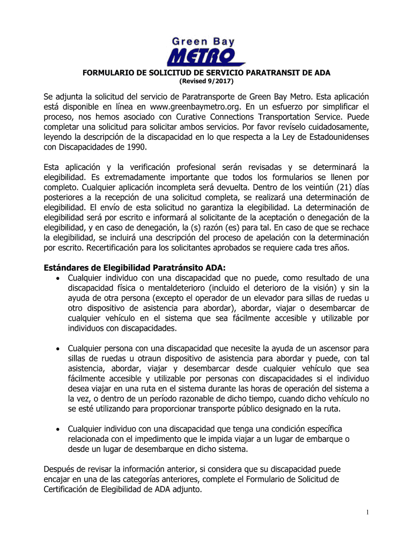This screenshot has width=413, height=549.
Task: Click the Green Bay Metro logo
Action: click(206, 50)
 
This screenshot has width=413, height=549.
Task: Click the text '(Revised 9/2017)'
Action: click(206, 81)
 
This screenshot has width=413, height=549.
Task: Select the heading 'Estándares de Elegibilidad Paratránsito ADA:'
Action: click(135, 268)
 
